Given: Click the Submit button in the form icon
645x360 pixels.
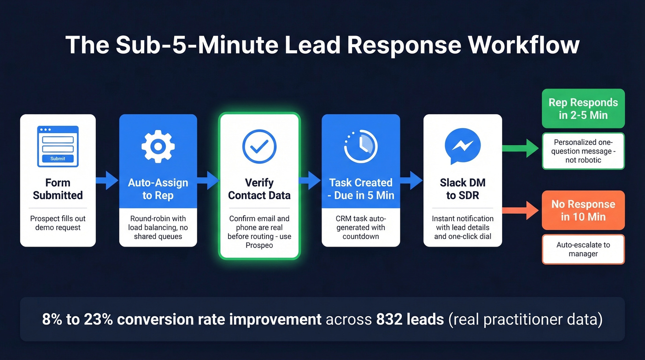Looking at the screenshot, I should point(58,159).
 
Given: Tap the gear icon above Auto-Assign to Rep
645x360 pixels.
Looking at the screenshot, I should point(158,146).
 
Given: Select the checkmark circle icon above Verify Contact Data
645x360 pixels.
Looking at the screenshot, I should point(259,147).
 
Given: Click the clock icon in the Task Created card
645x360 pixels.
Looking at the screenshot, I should point(361,146).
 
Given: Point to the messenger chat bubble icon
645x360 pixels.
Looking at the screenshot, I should point(463,145).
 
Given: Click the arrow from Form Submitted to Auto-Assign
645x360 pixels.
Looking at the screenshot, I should point(107,180).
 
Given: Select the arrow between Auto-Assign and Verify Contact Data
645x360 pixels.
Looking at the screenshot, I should point(208,180).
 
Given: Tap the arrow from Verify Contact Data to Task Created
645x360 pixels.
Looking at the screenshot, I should point(311,180).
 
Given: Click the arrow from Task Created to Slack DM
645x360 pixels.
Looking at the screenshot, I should point(411,180).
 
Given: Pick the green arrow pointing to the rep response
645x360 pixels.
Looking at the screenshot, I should point(521,148).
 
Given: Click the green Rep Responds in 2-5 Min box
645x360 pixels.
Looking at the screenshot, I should point(583,109).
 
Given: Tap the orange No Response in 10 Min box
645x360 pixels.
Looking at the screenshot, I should point(583,210).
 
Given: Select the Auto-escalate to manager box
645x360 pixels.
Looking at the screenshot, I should point(583,249).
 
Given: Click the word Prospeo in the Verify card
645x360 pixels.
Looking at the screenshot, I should point(259,246).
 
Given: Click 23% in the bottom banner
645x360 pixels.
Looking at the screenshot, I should point(97,319).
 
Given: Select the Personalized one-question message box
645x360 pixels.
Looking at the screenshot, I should point(583,151).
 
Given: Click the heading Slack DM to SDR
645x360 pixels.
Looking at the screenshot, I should point(463,189).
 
